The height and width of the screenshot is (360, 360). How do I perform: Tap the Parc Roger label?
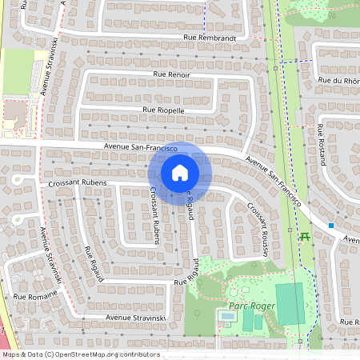pyautogui.click(x=250, y=306)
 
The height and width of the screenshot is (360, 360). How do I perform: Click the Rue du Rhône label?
pyautogui.click(x=339, y=80)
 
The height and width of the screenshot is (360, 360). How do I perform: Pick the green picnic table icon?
pyautogui.click(x=304, y=236)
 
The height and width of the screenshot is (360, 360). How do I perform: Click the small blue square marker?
pyautogui.click(x=331, y=226)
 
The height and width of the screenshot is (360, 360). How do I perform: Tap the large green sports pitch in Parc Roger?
pyautogui.click(x=290, y=303)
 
